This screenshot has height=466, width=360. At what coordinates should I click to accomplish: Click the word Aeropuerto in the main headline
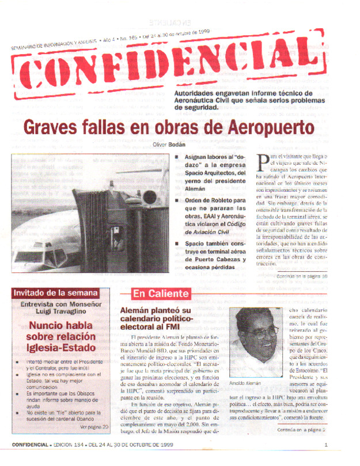point(270,126)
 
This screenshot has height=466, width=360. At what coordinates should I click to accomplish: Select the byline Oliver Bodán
point(169,144)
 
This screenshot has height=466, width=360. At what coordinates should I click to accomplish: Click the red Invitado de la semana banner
point(55,293)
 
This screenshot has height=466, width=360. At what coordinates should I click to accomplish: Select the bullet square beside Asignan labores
point(176,157)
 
